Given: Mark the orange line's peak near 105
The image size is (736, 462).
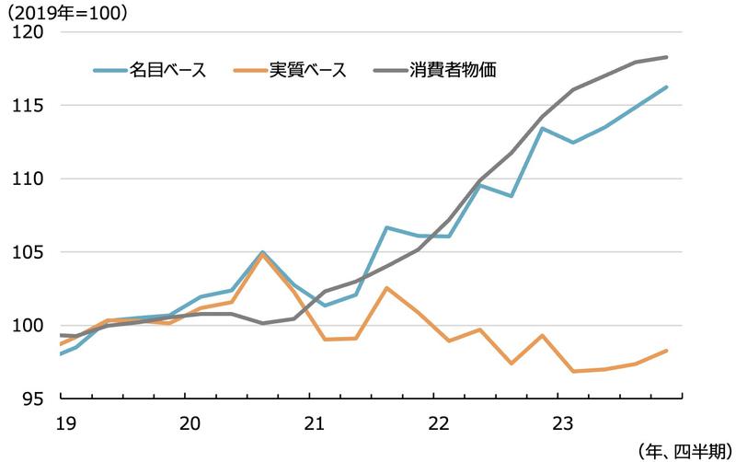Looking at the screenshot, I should [x=263, y=254].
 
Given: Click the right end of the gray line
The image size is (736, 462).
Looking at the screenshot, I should [x=666, y=57].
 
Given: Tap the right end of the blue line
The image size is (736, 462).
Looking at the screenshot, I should [x=666, y=87].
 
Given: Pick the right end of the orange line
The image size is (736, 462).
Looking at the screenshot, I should [x=666, y=351].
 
